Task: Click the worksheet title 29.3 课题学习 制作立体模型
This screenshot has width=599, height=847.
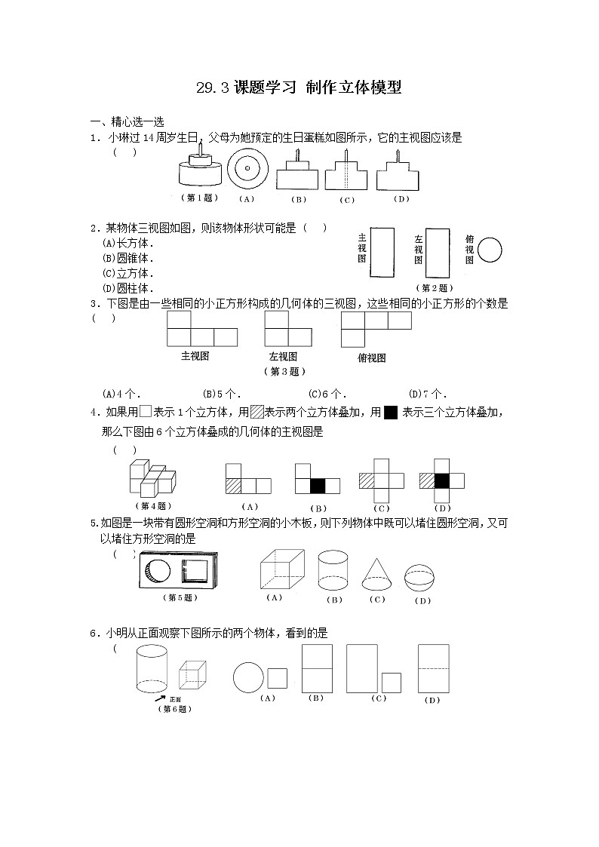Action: tap(299, 88)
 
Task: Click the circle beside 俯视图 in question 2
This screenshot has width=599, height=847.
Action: tap(490, 249)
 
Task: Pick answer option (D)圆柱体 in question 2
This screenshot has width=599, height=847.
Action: tap(128, 288)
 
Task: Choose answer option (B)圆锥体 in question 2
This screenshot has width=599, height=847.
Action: tap(128, 258)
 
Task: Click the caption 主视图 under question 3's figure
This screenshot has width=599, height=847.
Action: tap(195, 355)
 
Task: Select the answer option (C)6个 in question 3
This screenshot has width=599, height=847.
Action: tap(327, 393)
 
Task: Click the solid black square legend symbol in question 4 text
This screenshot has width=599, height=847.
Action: tap(391, 413)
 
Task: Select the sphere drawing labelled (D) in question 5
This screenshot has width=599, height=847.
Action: tap(422, 578)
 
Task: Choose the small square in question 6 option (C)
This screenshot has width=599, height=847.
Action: tap(391, 683)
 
